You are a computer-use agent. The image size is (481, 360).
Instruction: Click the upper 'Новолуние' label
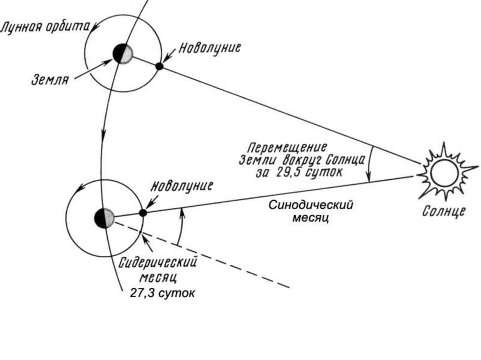pos(209,48)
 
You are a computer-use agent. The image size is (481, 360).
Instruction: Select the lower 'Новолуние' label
pos(181,186)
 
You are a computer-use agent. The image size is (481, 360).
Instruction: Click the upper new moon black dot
pos(160,66)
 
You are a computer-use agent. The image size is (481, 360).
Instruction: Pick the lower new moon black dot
pos(143,213)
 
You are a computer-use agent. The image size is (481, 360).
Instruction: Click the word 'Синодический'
pos(311,205)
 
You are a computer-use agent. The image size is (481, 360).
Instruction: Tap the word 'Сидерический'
pos(158,262)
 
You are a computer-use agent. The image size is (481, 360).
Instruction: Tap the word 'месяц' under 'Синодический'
pos(310,218)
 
